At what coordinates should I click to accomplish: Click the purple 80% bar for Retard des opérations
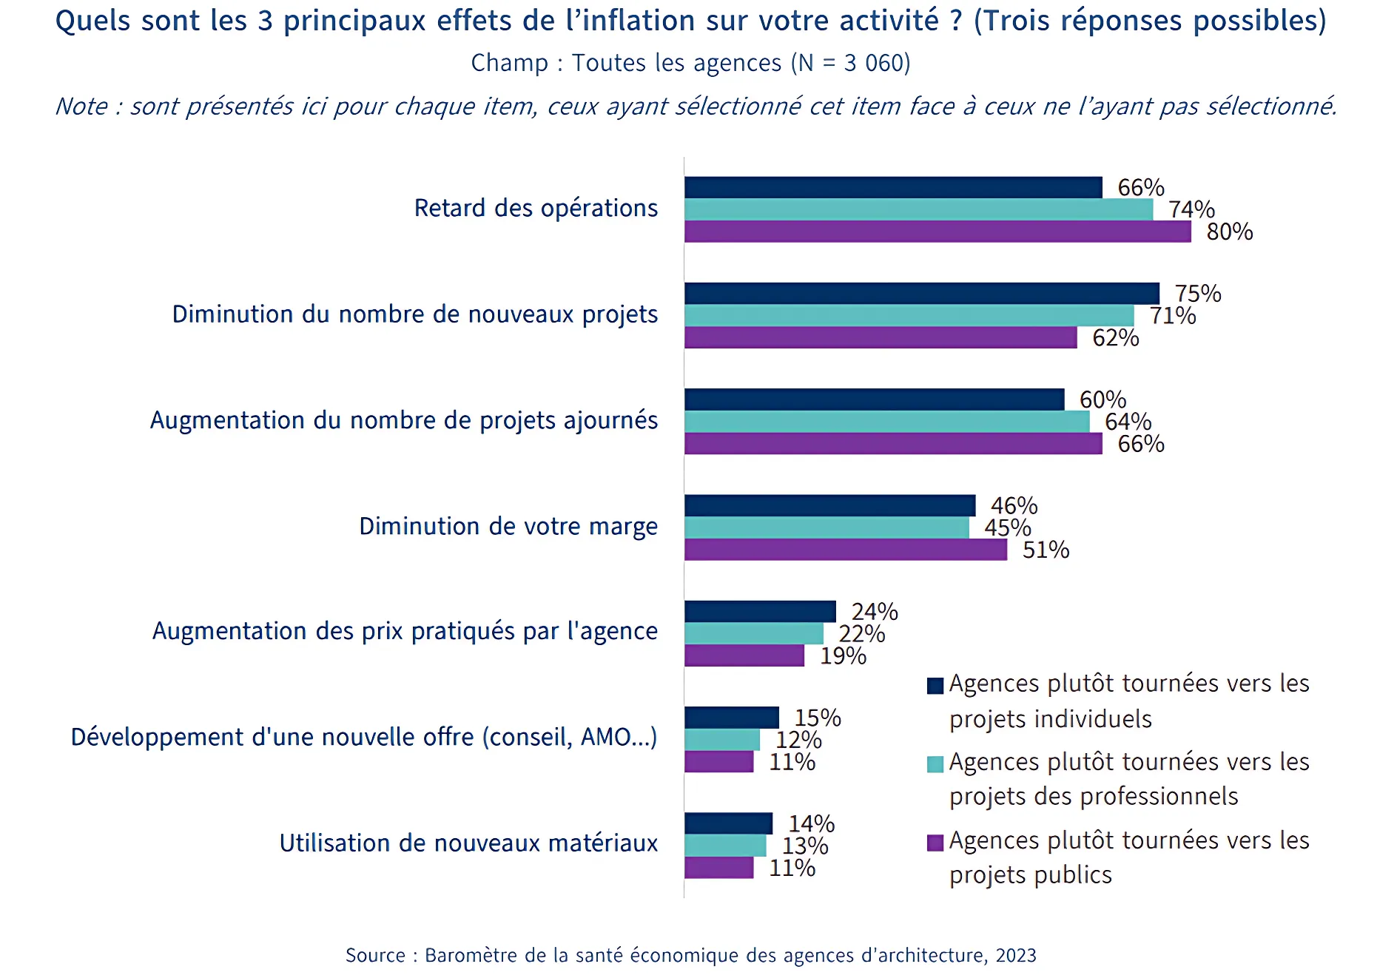[x=937, y=232]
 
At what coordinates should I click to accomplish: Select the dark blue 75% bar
[x=921, y=294]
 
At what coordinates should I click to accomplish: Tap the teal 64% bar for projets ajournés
[x=886, y=422]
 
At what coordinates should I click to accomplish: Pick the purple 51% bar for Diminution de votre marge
[x=845, y=550]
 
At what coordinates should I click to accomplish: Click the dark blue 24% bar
[x=760, y=612]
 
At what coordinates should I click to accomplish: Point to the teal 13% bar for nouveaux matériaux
[x=725, y=846]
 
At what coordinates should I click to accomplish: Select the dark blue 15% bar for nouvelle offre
[x=731, y=718]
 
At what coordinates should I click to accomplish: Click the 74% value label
[x=1191, y=210]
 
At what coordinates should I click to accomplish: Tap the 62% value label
[x=1116, y=338]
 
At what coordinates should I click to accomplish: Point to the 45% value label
[x=1007, y=528]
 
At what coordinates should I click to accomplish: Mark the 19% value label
[x=843, y=656]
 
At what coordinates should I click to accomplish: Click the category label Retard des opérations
[x=536, y=209]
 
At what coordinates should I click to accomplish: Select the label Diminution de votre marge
[x=508, y=527]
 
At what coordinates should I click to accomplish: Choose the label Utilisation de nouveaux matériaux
[x=468, y=843]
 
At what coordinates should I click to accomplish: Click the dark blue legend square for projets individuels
[x=935, y=686]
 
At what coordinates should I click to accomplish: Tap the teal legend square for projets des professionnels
[x=935, y=764]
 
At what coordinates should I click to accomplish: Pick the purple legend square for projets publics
[x=935, y=843]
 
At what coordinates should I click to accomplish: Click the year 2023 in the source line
[x=1016, y=956]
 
